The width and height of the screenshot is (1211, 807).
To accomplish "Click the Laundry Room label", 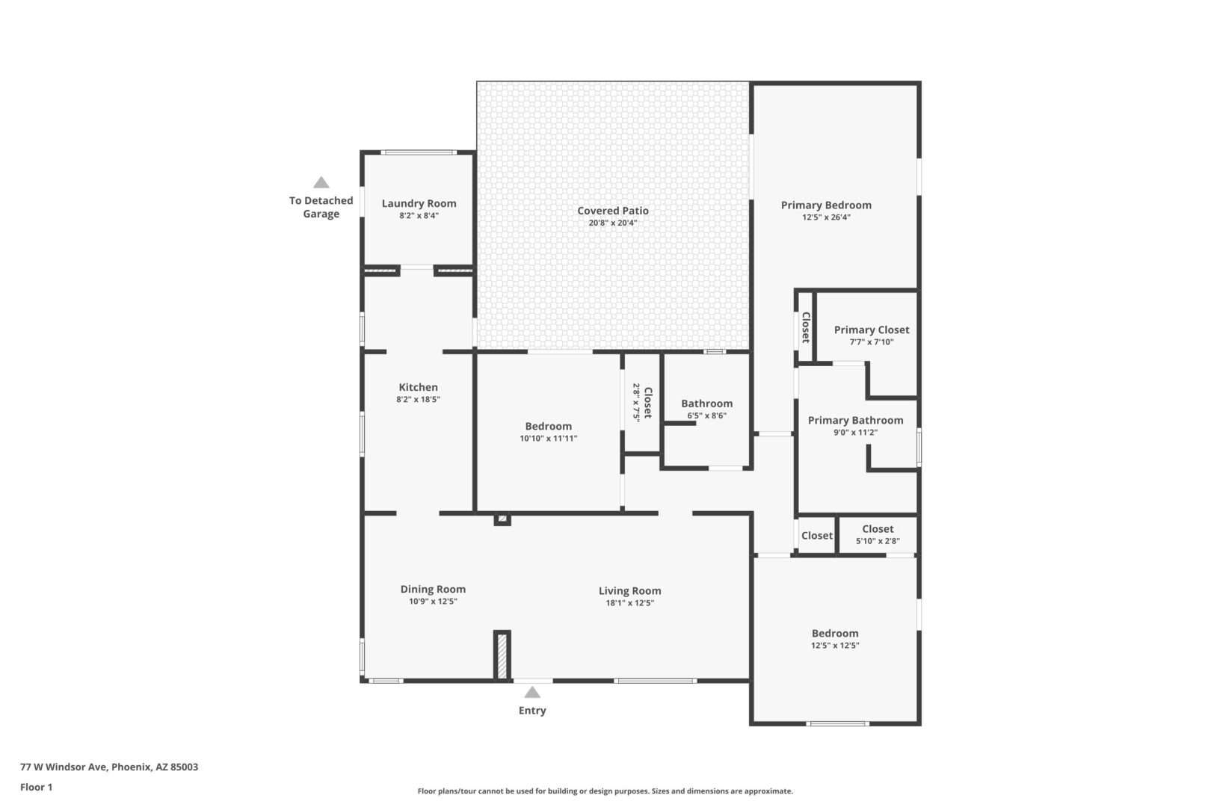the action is click(x=419, y=203).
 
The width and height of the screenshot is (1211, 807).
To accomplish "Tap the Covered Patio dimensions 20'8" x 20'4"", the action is click(x=613, y=223).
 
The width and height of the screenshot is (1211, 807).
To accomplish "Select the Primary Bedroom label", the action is click(x=826, y=205).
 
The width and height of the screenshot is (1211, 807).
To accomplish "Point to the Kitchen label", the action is click(x=419, y=387).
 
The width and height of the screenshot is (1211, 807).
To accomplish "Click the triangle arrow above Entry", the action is click(x=532, y=692).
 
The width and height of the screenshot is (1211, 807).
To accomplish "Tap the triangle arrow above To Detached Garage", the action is click(x=321, y=182).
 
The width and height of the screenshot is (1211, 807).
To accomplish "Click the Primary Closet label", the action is click(x=872, y=330).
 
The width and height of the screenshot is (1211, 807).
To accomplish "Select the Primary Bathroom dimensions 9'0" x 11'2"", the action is click(x=856, y=433).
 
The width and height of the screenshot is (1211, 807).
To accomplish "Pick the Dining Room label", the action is click(x=433, y=589).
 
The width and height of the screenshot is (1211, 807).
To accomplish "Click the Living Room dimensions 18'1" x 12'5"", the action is click(x=630, y=603).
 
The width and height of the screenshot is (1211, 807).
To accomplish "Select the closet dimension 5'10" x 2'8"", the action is click(x=878, y=541).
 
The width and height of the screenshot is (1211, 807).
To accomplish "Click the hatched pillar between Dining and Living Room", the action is click(x=502, y=655).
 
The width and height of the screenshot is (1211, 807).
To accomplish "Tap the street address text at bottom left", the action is click(x=109, y=767).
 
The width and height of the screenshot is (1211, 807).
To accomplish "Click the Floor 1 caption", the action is click(x=36, y=788).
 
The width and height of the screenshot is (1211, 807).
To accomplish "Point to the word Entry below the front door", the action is click(x=532, y=711).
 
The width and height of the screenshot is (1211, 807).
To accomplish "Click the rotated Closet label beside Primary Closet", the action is click(x=806, y=327).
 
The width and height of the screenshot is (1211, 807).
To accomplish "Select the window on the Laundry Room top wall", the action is click(x=419, y=152).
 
